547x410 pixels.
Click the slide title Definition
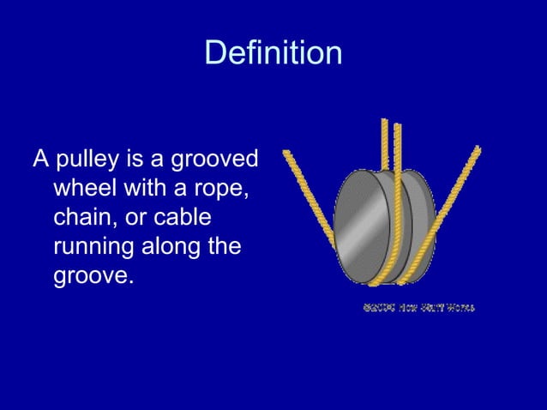pos(273,54)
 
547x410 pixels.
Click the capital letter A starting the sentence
pos(39,160)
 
